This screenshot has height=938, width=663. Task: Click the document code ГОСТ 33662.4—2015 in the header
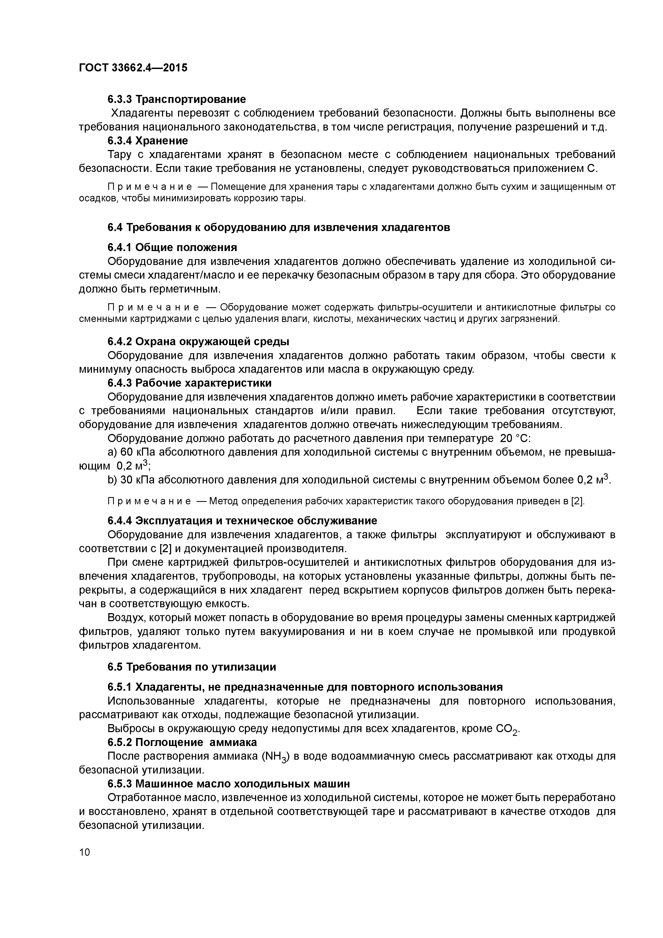click(x=133, y=68)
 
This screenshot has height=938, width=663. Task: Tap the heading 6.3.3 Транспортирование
click(x=176, y=99)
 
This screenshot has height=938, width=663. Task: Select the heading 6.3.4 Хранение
click(x=148, y=141)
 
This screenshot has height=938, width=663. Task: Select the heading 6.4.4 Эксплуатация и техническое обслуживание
click(x=242, y=521)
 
